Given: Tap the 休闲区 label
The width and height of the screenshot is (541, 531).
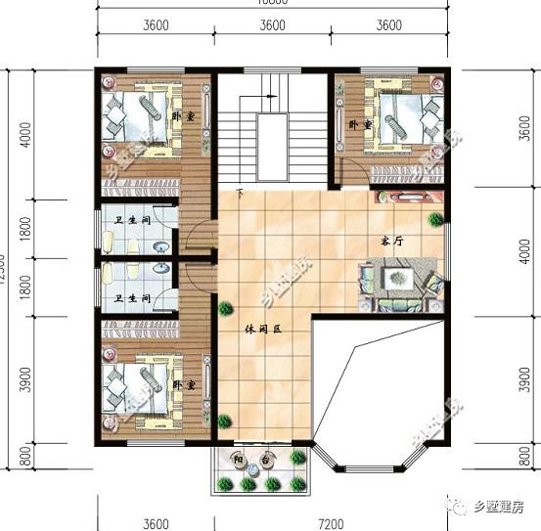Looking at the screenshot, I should click(x=262, y=331).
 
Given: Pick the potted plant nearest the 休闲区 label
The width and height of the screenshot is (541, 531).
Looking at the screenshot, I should click(x=226, y=310).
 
